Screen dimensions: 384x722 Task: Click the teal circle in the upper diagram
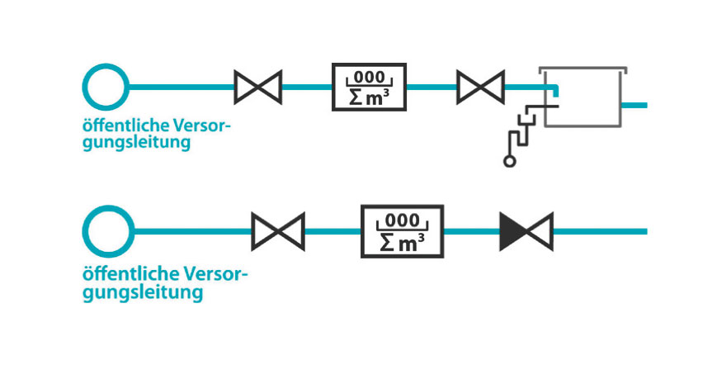[x=106, y=87]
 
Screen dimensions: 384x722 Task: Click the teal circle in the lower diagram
[x=109, y=231]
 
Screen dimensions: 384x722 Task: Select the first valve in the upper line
[x=258, y=87]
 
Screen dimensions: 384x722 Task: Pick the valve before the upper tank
[x=480, y=87]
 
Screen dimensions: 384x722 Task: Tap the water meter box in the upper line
[x=369, y=87]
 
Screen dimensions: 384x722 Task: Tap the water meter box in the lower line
[x=402, y=231]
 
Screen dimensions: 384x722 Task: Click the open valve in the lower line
[x=278, y=231]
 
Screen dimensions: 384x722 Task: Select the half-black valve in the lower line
[x=526, y=231]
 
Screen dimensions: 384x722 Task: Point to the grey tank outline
[x=583, y=95]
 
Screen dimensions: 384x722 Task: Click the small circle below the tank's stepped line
[x=509, y=162]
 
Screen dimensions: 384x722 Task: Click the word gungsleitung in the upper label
[x=137, y=143]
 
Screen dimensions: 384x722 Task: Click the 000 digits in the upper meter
[x=369, y=77]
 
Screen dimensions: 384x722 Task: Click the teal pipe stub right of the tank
[x=635, y=106]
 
